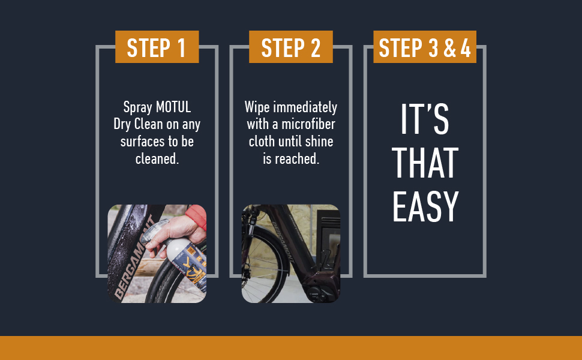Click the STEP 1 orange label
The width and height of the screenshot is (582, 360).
click(157, 47)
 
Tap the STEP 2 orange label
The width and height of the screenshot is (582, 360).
click(290, 47)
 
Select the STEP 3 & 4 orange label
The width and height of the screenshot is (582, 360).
click(425, 47)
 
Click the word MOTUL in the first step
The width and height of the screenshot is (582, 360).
click(173, 107)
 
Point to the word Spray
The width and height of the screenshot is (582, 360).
click(138, 108)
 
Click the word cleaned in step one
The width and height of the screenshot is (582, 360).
click(157, 159)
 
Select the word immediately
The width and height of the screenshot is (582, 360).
click(305, 107)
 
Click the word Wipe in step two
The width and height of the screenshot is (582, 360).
click(257, 107)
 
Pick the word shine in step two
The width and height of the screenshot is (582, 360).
click(319, 142)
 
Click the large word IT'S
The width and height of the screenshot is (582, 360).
click(425, 119)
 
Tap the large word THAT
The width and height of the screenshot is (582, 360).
click(425, 163)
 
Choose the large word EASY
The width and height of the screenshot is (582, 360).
click(425, 207)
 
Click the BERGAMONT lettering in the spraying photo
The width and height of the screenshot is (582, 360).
click(134, 256)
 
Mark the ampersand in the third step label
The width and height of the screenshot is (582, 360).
click(449, 48)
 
